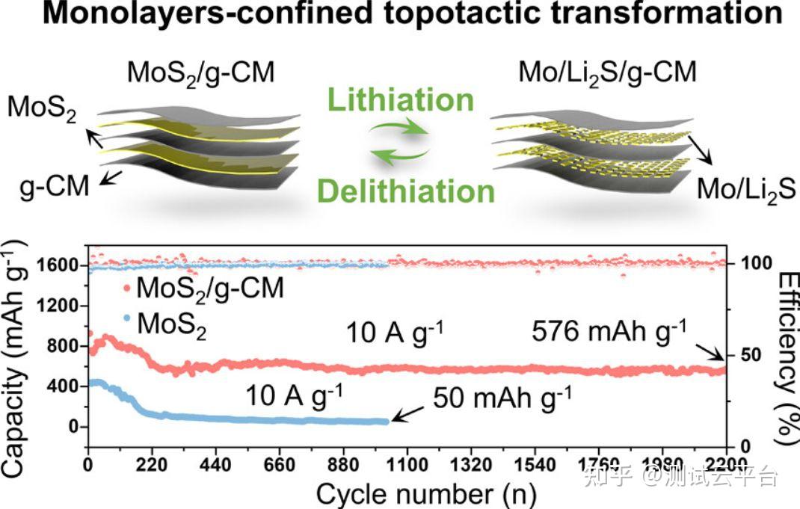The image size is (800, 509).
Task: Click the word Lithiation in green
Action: click(x=402, y=99)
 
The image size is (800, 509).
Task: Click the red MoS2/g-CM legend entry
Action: click(x=203, y=289)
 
